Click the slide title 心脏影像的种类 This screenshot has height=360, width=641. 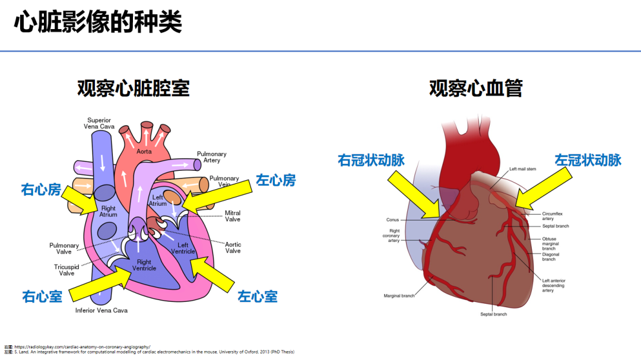[x=99, y=23]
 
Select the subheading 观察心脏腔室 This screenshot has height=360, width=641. [x=134, y=88]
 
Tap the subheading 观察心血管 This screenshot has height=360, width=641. [x=476, y=88]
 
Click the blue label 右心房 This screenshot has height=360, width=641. [x=41, y=190]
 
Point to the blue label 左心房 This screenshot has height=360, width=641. [x=276, y=180]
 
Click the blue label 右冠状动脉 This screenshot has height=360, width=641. [x=372, y=160]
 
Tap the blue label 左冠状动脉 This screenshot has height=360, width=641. [x=588, y=160]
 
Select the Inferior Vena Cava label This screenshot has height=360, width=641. [x=101, y=310]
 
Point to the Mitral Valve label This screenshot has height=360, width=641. [x=233, y=216]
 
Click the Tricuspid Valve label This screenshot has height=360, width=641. [x=66, y=270]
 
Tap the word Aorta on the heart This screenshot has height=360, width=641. [x=144, y=151]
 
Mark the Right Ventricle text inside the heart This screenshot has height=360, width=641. [x=144, y=265]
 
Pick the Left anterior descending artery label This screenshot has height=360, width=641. [x=553, y=285]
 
